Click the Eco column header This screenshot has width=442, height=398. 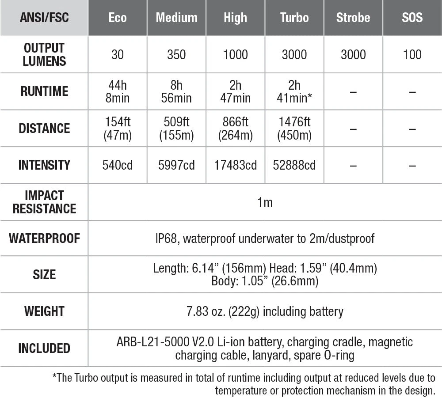point(118,18)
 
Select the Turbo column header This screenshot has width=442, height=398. point(294,18)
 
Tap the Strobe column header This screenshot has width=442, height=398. point(353,18)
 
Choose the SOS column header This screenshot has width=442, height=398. point(412,18)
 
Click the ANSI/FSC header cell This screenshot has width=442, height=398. point(44,18)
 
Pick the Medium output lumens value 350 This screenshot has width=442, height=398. point(176,54)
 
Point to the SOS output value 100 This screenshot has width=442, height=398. point(412,54)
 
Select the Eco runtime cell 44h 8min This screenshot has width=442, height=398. point(118,91)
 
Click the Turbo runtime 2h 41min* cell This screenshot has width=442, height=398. point(294,91)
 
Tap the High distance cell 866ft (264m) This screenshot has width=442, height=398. point(236,128)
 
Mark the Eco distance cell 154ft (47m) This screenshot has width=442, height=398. point(118,128)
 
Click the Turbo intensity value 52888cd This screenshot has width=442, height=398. point(294,165)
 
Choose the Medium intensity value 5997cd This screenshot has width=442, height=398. point(176,165)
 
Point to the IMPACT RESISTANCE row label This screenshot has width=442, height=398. point(44,202)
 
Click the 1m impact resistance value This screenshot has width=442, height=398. point(265,202)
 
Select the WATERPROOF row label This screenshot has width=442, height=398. point(44,239)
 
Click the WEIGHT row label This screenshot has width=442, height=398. point(44,311)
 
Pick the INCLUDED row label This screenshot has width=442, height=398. point(44,348)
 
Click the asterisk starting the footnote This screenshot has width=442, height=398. point(55,377)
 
